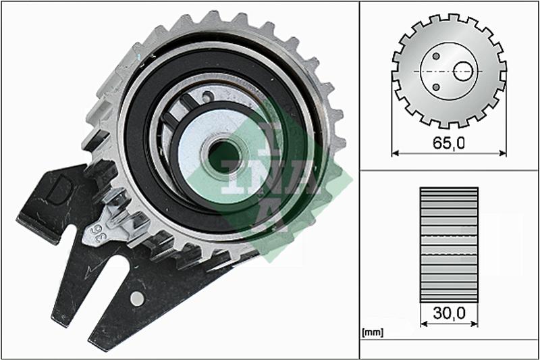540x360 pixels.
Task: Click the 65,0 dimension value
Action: [450, 143]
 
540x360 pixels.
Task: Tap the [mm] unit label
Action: [372, 332]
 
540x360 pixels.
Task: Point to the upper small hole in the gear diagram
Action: [436, 56]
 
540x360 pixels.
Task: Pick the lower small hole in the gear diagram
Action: [437, 86]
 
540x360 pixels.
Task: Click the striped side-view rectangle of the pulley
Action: [449, 244]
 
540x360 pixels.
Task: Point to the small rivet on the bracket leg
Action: [137, 297]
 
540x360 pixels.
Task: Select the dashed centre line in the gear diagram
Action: [449, 70]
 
